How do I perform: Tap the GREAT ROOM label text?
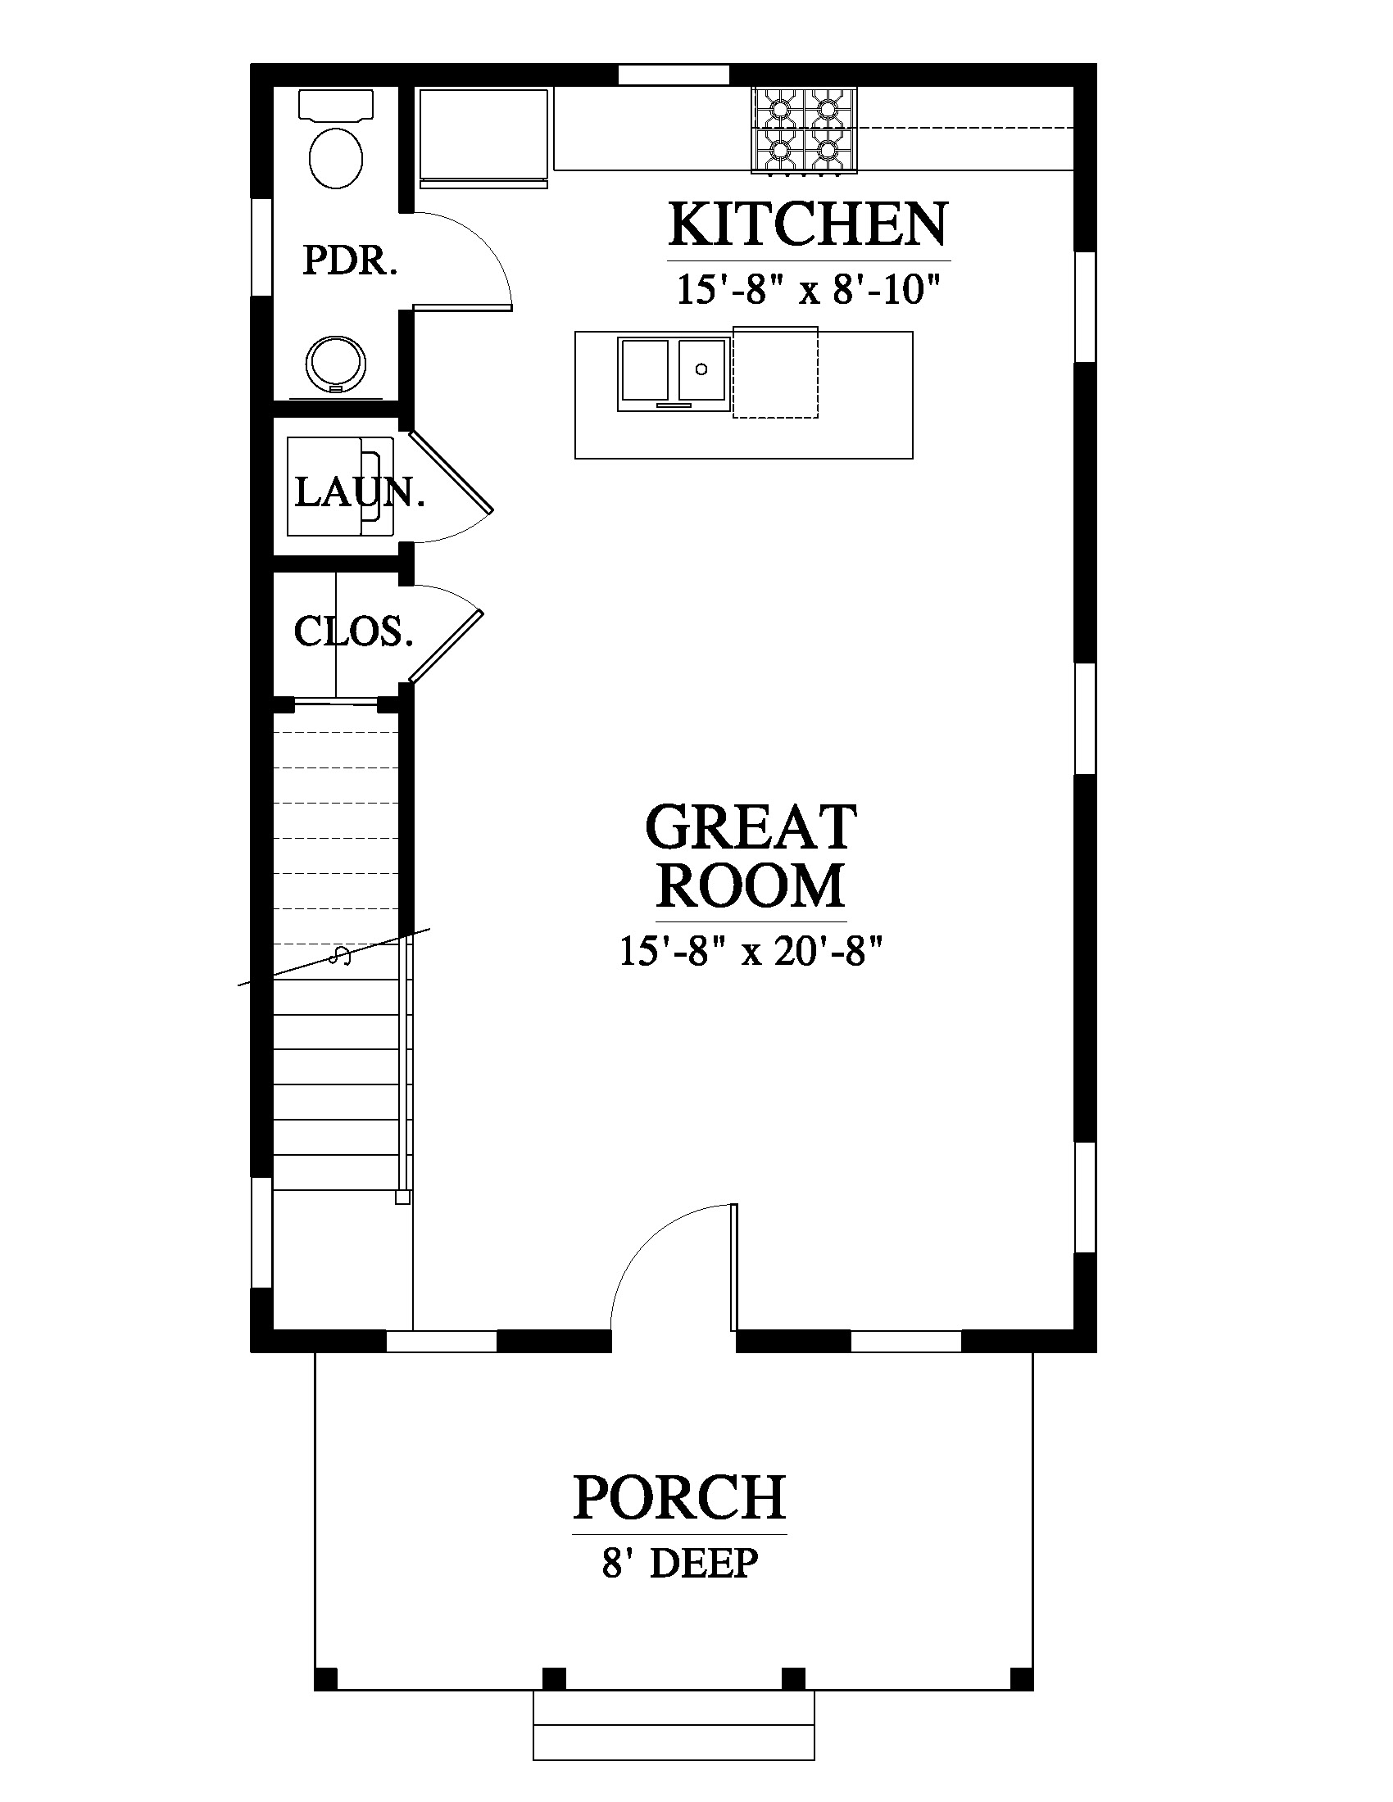tap(751, 856)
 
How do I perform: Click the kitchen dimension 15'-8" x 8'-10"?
tap(809, 290)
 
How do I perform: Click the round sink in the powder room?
tap(336, 362)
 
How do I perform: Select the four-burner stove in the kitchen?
tap(804, 130)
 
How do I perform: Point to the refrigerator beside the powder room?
tap(483, 137)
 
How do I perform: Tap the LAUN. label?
tap(360, 493)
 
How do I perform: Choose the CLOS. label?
tap(353, 632)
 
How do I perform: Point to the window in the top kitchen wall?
tap(674, 75)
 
